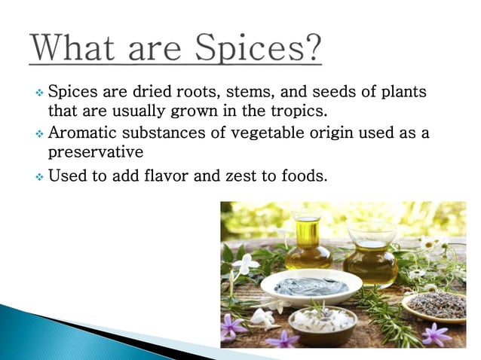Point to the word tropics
click(303, 112)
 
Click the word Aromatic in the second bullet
click(83, 133)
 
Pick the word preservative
click(95, 152)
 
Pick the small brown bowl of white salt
click(323, 322)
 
